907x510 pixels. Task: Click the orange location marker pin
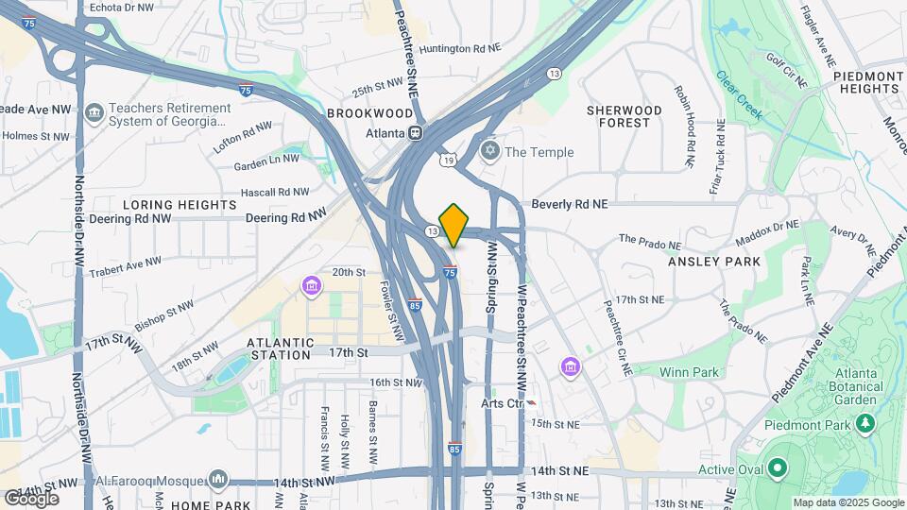(x=454, y=225)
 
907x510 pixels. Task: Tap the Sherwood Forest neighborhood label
(x=625, y=116)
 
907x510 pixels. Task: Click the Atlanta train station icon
(x=415, y=132)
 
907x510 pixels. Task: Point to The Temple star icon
(x=489, y=151)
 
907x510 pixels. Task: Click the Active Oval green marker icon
(x=777, y=468)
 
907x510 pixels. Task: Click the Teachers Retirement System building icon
(x=94, y=114)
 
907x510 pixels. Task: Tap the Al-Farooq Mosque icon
(x=219, y=480)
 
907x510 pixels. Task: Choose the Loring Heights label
(x=180, y=204)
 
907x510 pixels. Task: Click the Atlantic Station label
(x=280, y=348)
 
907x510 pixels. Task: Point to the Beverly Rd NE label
(x=570, y=203)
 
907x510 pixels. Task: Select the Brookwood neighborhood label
(x=370, y=113)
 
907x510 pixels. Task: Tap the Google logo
(x=31, y=498)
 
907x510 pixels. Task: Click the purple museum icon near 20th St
(x=311, y=284)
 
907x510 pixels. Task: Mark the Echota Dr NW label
(x=120, y=7)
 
